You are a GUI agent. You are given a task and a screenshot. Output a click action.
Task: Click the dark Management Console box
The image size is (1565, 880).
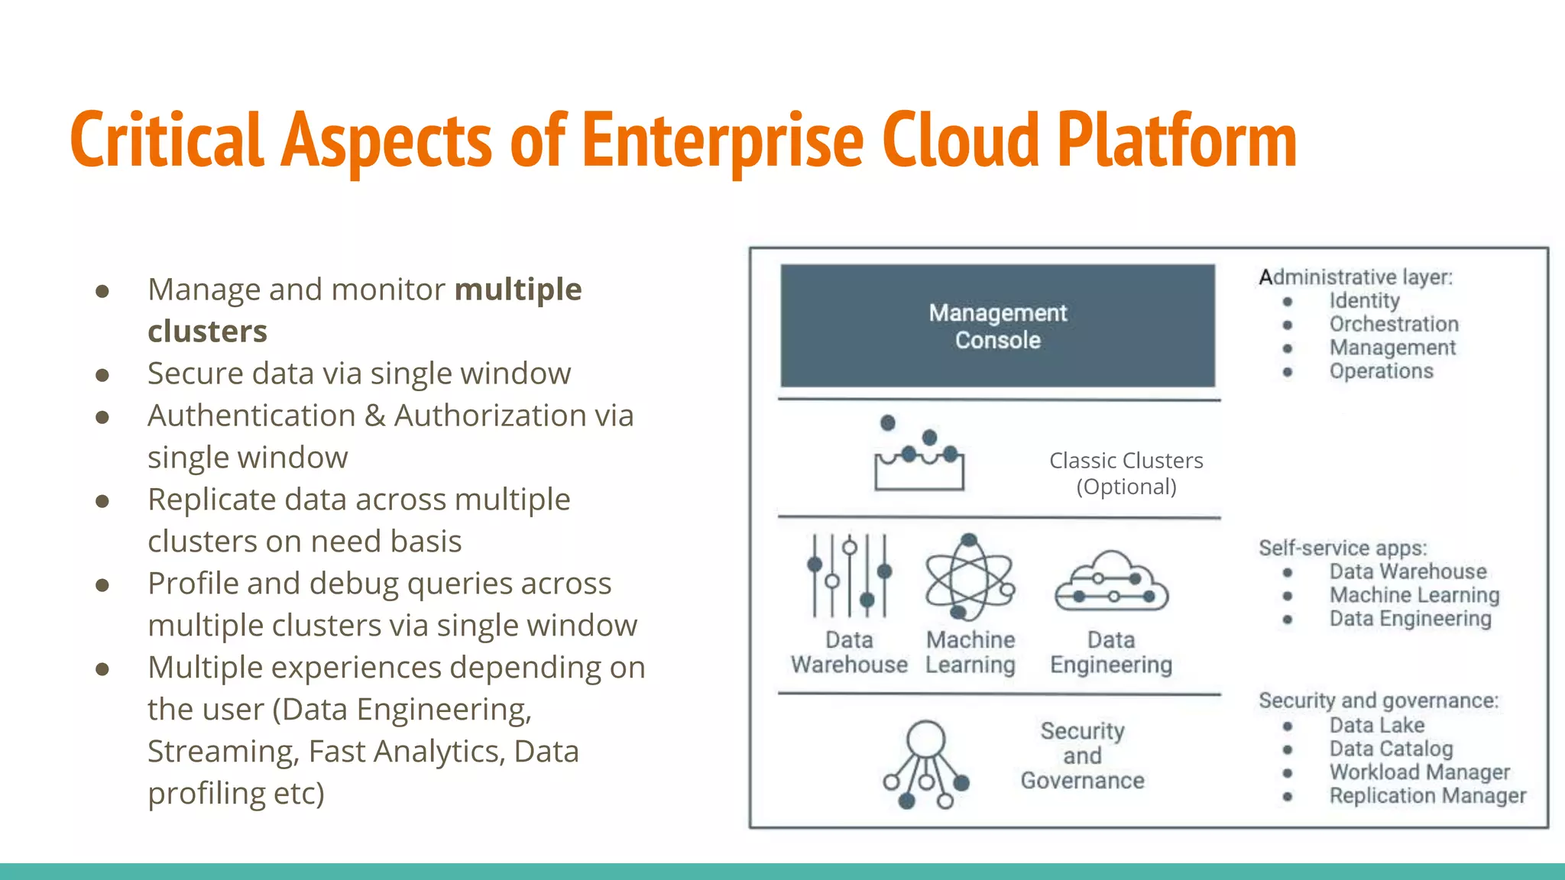point(997,326)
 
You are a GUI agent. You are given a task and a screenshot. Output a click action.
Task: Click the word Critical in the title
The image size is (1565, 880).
point(167,141)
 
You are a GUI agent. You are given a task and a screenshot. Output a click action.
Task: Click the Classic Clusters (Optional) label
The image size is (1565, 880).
point(1126,474)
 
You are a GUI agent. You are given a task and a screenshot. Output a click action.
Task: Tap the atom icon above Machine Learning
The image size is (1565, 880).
point(969,577)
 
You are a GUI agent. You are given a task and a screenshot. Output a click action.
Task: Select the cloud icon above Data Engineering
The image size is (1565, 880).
point(1111,583)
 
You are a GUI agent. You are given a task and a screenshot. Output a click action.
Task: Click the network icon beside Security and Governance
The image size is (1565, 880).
point(925,764)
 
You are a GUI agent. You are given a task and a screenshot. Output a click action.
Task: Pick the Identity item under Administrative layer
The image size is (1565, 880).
point(1364,301)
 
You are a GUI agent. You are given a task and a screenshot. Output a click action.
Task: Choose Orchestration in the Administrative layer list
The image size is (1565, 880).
point(1394,325)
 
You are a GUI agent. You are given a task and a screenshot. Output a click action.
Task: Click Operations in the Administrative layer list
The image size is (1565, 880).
point(1381,372)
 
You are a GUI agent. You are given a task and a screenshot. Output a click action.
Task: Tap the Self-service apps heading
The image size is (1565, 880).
point(1343,548)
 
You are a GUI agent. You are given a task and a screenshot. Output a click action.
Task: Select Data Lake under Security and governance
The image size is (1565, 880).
point(1376,726)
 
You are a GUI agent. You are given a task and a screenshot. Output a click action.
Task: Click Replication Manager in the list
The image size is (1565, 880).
point(1427,796)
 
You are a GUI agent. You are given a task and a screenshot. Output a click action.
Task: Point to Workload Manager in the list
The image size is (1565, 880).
point(1419,772)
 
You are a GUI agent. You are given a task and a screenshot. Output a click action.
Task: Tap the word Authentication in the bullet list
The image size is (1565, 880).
point(251,416)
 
